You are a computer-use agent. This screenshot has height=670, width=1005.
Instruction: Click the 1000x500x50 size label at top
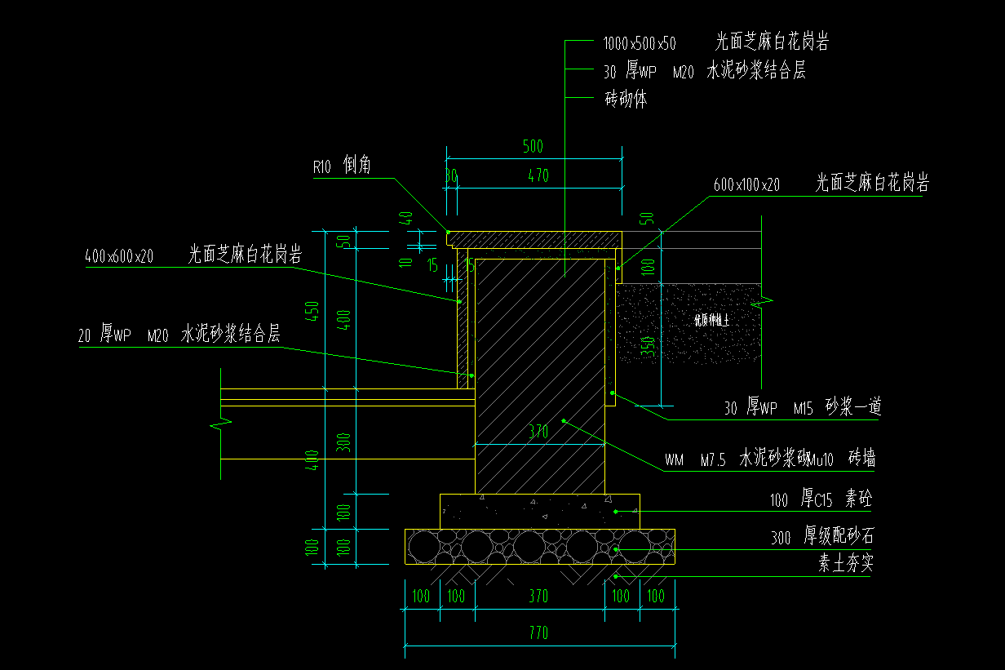pyautogui.click(x=640, y=42)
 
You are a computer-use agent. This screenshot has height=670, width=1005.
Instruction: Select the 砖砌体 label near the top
pyautogui.click(x=626, y=100)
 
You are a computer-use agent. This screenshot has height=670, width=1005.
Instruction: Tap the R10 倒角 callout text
pyautogui.click(x=342, y=166)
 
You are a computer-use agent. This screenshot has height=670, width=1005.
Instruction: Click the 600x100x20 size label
pyautogui.click(x=746, y=186)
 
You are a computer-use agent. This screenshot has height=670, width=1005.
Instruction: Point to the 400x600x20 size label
pyautogui.click(x=119, y=256)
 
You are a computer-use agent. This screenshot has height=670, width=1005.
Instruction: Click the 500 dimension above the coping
pyautogui.click(x=533, y=148)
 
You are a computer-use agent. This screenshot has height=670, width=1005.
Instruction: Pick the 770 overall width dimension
pyautogui.click(x=538, y=632)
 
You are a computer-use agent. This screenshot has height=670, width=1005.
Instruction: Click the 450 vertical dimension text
pyautogui.click(x=312, y=311)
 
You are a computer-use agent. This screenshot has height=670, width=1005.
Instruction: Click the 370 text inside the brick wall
pyautogui.click(x=538, y=433)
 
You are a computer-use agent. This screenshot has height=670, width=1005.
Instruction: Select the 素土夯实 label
pyautogui.click(x=846, y=564)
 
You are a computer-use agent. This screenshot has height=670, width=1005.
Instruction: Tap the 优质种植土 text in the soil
pyautogui.click(x=711, y=321)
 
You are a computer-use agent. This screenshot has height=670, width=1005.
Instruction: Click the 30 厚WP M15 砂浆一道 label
pyautogui.click(x=802, y=407)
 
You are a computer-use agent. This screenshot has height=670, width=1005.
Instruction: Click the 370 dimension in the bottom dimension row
pyautogui.click(x=538, y=597)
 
